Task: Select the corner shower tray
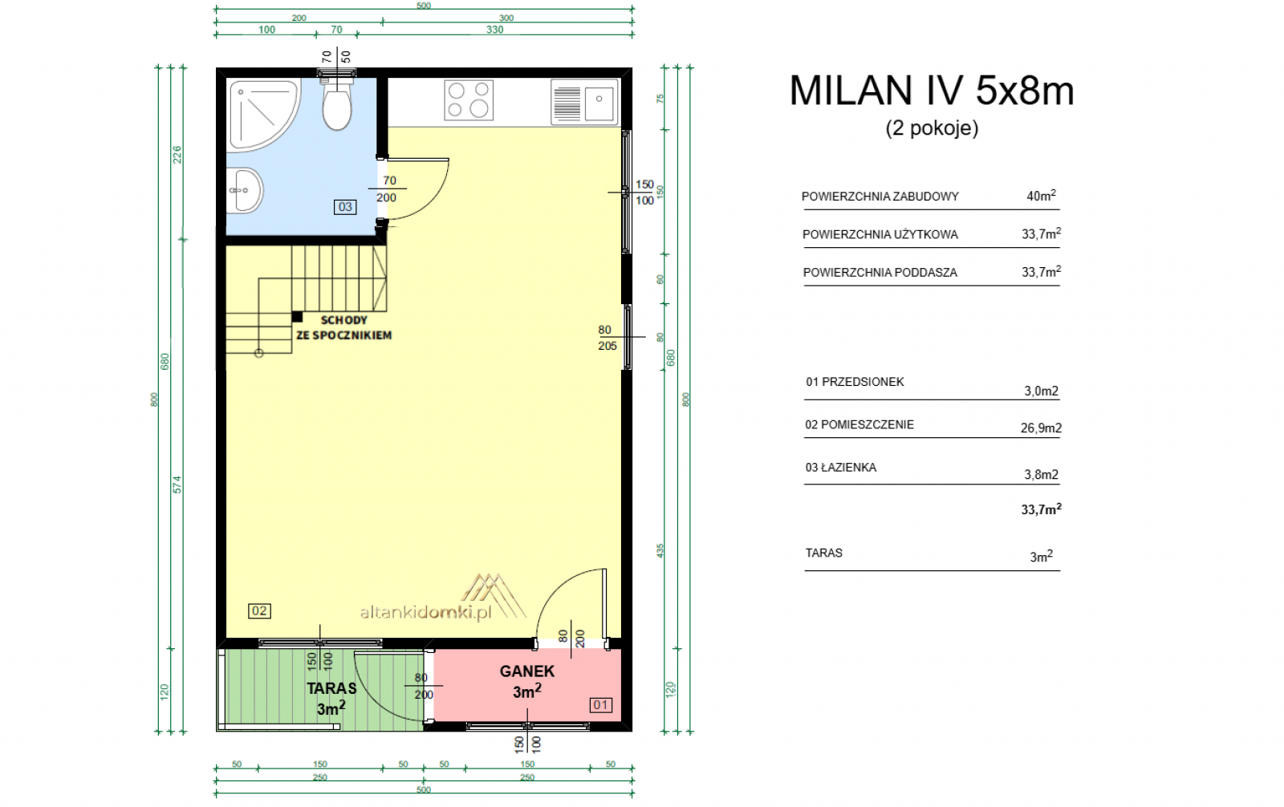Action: pos(262,115)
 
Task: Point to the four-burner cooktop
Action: pos(469,99)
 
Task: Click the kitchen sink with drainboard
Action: pos(585,102)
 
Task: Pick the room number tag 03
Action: pos(345,207)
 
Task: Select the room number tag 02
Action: pos(259,611)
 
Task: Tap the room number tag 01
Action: pos(600,705)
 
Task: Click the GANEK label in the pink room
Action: pos(526,671)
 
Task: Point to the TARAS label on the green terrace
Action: pos(331,688)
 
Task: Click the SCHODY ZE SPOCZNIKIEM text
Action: pos(344,328)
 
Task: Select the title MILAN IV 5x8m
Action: pos(932,91)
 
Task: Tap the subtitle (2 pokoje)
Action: pos(932,128)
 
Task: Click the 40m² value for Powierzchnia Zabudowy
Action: pos(1041,196)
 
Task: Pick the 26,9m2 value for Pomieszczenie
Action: pos(1041,428)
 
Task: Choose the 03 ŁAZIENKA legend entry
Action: pos(840,468)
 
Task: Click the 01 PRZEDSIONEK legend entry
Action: pos(855,383)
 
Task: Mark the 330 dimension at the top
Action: pos(494,29)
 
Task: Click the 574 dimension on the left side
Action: pos(177,485)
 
